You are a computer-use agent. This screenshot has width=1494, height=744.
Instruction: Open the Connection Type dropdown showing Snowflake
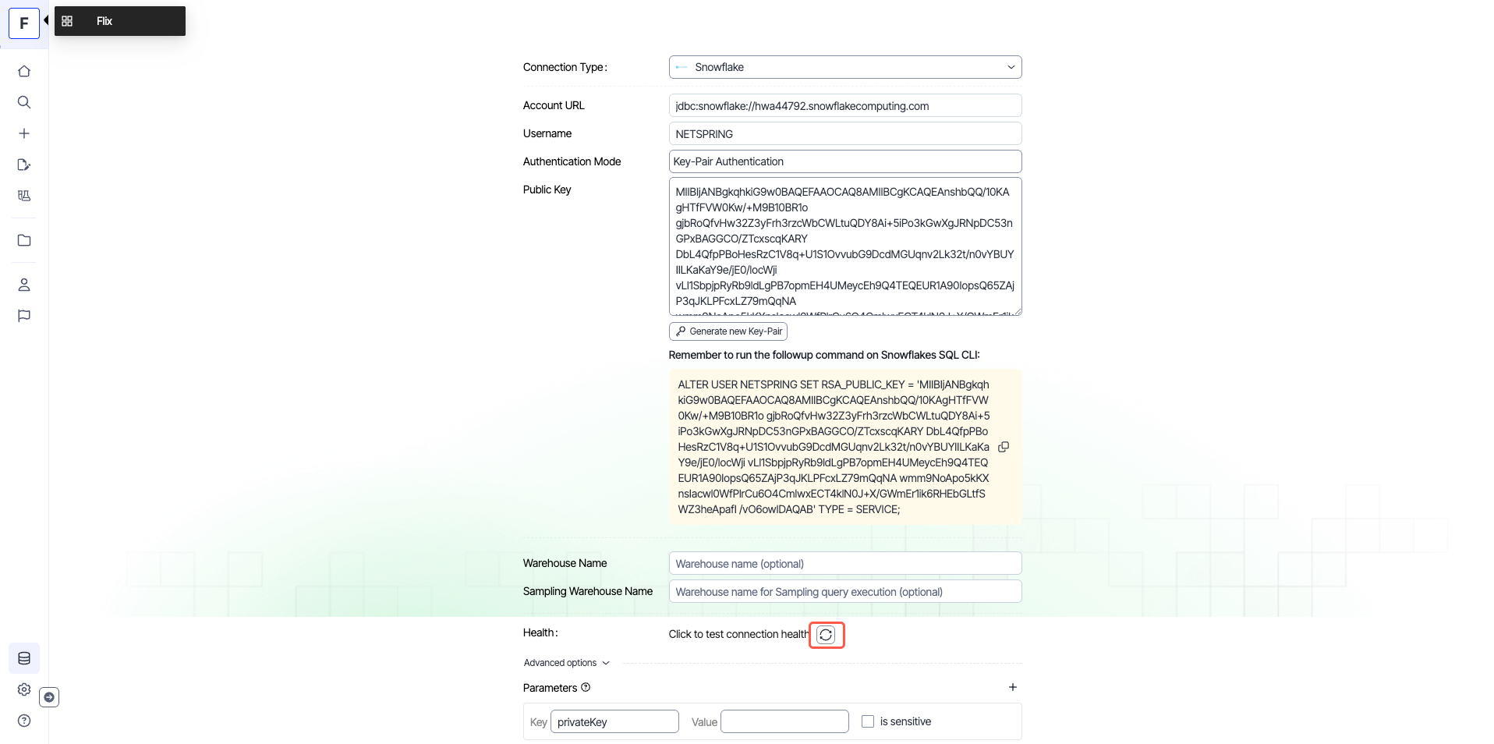[844, 67]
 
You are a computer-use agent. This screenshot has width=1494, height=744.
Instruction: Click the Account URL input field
[844, 106]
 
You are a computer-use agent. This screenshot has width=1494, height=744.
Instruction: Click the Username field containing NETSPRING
[844, 134]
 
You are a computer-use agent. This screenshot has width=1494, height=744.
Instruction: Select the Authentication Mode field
[844, 161]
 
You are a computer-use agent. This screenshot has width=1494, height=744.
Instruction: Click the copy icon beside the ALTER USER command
[1004, 447]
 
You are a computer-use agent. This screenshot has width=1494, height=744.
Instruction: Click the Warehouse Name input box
[844, 564]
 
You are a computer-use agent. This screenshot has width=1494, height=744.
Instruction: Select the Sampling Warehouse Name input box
[844, 592]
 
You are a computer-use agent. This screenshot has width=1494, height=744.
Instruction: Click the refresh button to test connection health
[826, 635]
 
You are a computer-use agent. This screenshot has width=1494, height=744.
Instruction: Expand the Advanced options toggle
[566, 663]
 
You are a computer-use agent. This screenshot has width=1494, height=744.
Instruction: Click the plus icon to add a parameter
[1012, 687]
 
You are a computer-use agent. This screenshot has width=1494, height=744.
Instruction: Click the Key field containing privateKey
[614, 722]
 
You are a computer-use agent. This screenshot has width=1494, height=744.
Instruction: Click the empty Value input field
[784, 722]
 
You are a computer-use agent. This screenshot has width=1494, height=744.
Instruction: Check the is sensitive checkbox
[867, 721]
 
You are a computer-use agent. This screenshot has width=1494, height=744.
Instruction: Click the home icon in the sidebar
[24, 71]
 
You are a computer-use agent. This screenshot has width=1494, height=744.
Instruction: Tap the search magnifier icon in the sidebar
[24, 102]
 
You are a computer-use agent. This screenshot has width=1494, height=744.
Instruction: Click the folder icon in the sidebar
[24, 240]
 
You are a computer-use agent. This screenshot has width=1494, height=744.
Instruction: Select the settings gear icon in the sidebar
[24, 689]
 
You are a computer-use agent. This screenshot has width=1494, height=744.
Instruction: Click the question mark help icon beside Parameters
[586, 687]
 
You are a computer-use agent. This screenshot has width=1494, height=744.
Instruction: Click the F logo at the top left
[24, 23]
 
